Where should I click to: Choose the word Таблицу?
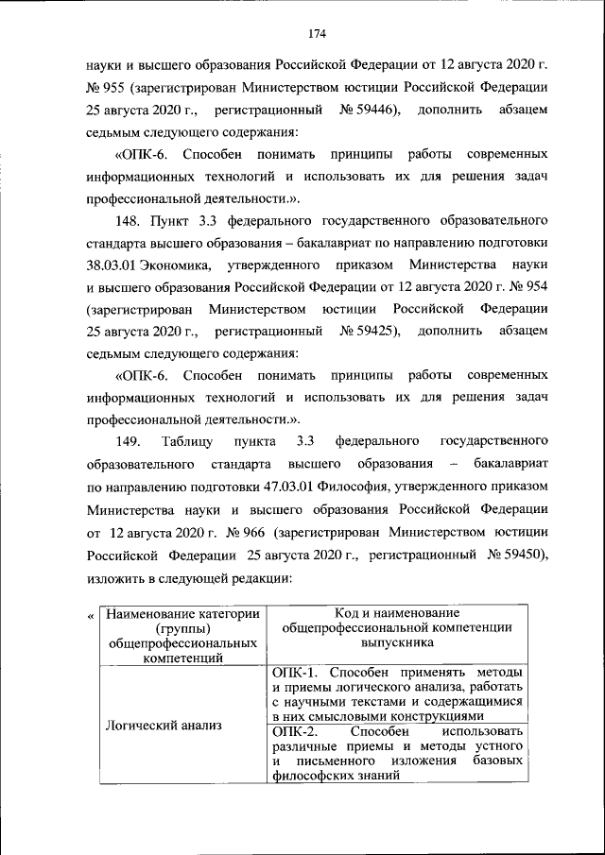(187, 441)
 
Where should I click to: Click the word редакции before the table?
(253, 575)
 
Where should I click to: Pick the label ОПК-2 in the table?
(291, 731)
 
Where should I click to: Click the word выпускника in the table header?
(396, 642)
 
